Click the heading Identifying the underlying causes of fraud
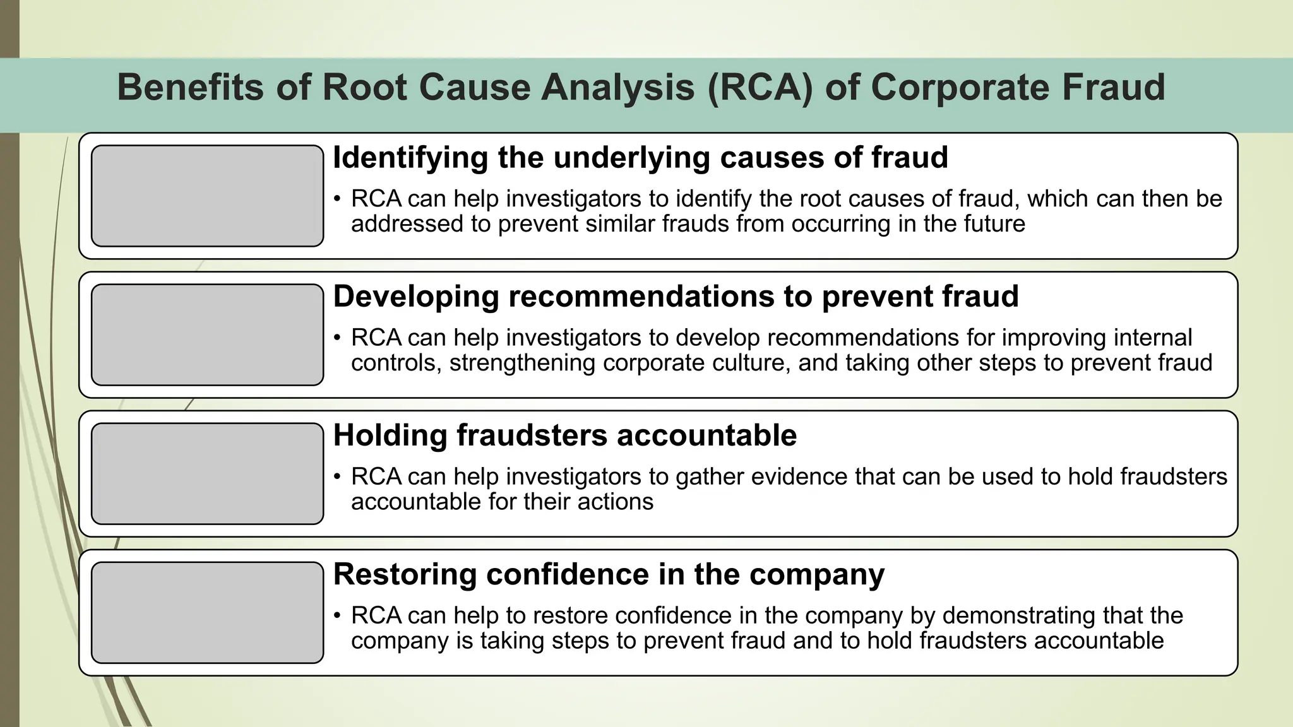pyautogui.click(x=640, y=157)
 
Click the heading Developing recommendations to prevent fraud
pyautogui.click(x=676, y=296)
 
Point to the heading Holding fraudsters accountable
pyautogui.click(x=564, y=435)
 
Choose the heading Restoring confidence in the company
pyautogui.click(x=609, y=574)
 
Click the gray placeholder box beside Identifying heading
pyautogui.click(x=207, y=196)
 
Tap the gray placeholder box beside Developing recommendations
pyautogui.click(x=207, y=334)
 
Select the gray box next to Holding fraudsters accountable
pyautogui.click(x=207, y=473)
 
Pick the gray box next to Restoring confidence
pyautogui.click(x=207, y=612)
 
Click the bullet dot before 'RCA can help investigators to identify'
pyautogui.click(x=338, y=199)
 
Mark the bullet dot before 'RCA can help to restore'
pyautogui.click(x=338, y=616)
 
